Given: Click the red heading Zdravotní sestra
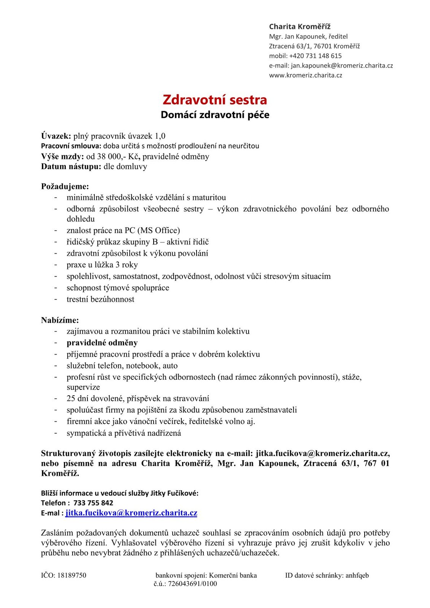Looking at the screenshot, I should [215, 100].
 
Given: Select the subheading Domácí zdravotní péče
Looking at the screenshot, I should [215, 115].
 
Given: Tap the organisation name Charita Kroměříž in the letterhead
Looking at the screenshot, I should [300, 27].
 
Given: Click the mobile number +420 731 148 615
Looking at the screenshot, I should [315, 56].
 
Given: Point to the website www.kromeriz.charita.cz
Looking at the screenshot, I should [305, 75].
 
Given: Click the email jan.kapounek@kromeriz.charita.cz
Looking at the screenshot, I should [342, 65].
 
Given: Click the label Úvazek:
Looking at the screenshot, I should [56, 136].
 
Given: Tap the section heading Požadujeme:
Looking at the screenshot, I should [65, 187].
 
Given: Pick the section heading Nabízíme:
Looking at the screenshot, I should [60, 320].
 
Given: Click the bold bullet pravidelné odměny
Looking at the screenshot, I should [102, 343].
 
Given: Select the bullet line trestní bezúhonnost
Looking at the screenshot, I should [100, 299].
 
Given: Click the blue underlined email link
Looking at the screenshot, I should [131, 513].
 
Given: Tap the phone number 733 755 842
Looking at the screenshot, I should [93, 503].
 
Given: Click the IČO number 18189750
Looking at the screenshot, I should [71, 575].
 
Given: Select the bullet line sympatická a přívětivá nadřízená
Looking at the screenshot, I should [124, 433].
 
